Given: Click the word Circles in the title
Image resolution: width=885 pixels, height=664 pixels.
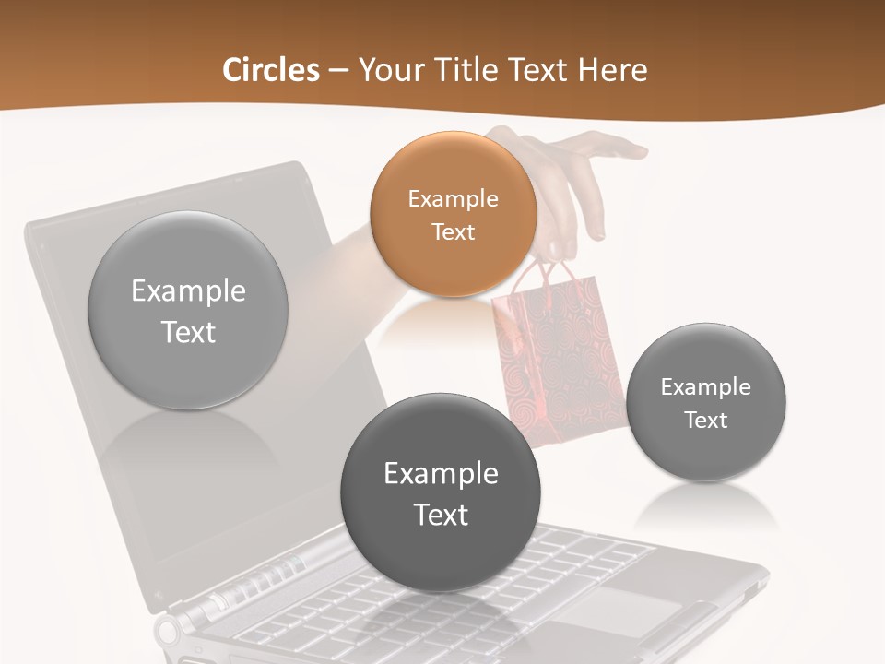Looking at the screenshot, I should (270, 70).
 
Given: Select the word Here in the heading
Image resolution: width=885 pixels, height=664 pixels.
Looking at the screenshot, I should (612, 70).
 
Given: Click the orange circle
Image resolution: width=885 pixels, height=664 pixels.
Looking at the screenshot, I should (453, 214).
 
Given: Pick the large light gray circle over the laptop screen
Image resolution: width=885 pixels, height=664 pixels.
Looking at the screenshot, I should (188, 311).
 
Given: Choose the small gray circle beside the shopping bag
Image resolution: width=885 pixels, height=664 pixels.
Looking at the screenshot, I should (705, 403).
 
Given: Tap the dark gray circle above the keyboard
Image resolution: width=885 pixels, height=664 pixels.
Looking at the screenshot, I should (441, 492).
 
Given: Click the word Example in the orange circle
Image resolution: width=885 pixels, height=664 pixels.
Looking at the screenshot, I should (453, 198).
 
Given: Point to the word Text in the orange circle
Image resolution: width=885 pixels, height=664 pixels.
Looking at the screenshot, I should (453, 231).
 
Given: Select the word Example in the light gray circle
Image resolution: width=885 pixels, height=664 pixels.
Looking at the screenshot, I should (188, 291).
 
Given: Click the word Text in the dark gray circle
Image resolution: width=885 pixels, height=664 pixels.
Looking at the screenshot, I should (441, 515).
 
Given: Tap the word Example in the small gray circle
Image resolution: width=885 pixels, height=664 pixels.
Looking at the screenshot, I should (705, 387).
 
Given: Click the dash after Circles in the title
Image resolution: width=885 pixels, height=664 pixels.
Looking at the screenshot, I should (337, 70).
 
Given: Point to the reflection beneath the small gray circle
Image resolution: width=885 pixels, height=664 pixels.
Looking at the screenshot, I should (705, 505).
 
